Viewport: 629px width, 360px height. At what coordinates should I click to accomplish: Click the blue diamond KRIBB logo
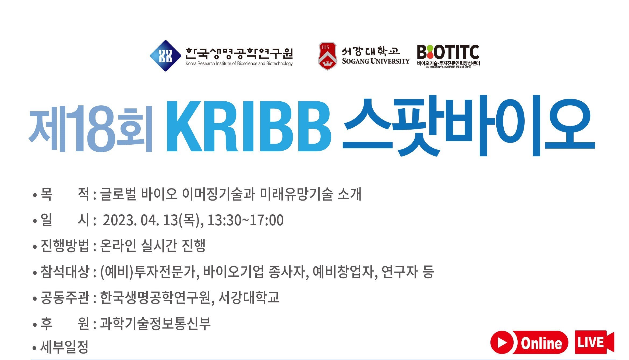(165, 56)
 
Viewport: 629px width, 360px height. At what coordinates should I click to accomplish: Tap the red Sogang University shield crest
(327, 56)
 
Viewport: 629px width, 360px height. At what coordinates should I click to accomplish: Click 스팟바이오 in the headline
(468, 126)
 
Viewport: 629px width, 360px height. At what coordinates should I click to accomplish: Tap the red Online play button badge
(529, 343)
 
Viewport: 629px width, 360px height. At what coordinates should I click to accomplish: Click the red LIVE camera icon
(595, 342)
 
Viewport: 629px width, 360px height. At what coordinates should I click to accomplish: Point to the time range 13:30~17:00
(245, 220)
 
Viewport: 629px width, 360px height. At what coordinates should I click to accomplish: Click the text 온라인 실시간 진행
(153, 246)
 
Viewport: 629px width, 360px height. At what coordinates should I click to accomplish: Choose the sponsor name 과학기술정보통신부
(155, 323)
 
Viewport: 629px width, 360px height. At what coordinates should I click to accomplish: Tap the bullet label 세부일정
(64, 347)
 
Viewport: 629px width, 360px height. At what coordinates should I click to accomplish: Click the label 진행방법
(65, 246)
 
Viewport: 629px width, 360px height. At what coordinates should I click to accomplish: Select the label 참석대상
(65, 272)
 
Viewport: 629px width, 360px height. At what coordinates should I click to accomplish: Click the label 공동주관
(65, 298)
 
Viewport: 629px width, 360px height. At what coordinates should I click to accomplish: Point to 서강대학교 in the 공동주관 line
(249, 297)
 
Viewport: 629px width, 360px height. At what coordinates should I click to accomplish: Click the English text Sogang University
(376, 61)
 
